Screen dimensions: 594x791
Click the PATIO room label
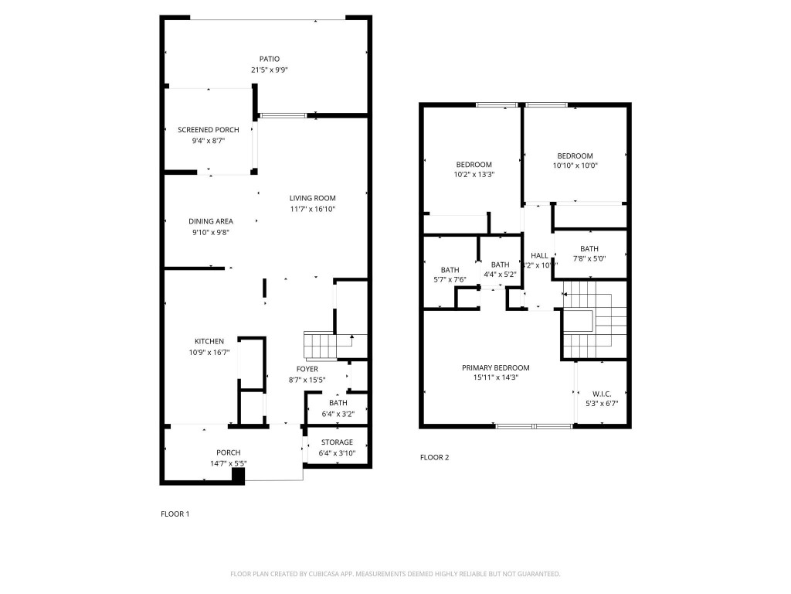pos(269,59)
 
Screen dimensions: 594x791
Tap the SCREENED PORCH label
pos(208,130)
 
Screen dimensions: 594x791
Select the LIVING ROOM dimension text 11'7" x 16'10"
pos(312,209)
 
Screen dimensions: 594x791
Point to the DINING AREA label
pos(210,222)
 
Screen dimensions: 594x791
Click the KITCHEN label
pos(209,341)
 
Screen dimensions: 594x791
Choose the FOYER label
pos(307,369)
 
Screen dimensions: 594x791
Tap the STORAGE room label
pos(337,442)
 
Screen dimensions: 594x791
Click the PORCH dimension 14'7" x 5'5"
pos(228,463)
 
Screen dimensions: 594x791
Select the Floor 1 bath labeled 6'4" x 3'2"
pos(338,408)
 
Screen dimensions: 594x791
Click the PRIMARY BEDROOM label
pos(495,367)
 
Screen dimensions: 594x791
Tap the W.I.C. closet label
pos(602,394)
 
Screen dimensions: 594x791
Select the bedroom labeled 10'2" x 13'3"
pos(474,169)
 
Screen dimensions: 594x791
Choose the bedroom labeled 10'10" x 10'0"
pos(575,160)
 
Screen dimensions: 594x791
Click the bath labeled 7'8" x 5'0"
pos(589,254)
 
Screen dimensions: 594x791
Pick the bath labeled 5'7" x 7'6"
pos(450,274)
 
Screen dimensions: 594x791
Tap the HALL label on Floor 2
pos(539,255)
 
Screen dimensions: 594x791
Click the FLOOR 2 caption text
pos(434,457)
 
